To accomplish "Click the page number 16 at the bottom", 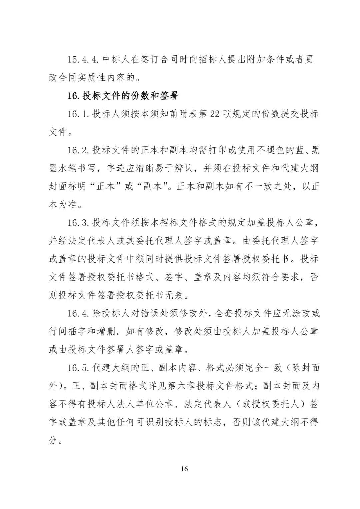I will point(184,469).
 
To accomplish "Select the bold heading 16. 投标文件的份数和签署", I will point(123,96).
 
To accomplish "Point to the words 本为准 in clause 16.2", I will point(63,204).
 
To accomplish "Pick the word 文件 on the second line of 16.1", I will point(58,132).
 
